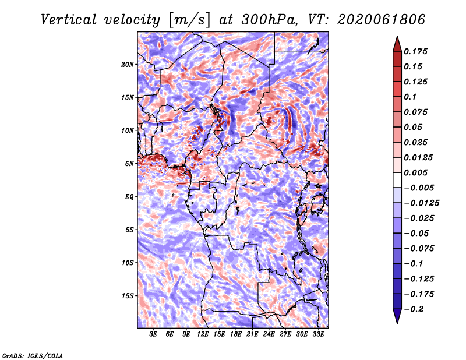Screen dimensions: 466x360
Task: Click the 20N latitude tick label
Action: pyautogui.click(x=128, y=65)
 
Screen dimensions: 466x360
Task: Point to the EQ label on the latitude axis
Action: pyautogui.click(x=129, y=197)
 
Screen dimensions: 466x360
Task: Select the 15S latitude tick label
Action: pyautogui.click(x=128, y=296)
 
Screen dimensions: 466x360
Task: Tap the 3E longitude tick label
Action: pyautogui.click(x=153, y=334)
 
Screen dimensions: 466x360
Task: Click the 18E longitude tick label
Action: pyautogui.click(x=236, y=334)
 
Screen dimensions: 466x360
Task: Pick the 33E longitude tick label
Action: pyautogui.click(x=318, y=334)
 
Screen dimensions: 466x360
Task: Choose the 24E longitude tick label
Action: pyautogui.click(x=269, y=334)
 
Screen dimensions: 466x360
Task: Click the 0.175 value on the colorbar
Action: pyautogui.click(x=415, y=51)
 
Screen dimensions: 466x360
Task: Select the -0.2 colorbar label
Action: pyautogui.click(x=414, y=309)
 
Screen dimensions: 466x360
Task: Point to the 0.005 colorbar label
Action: pyautogui.click(x=415, y=172)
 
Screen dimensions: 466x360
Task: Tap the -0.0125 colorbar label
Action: pyautogui.click(x=421, y=203)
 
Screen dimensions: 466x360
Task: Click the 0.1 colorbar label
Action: pyautogui.click(x=410, y=97)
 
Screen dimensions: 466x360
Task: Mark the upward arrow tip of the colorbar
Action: pyautogui.click(x=397, y=36)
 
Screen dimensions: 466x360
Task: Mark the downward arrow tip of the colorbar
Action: pyautogui.click(x=397, y=323)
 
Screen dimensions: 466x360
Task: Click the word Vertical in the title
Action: pyautogui.click(x=69, y=20)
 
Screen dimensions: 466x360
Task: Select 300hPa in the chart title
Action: pyautogui.click(x=269, y=20)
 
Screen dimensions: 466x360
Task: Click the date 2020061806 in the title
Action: pyautogui.click(x=381, y=20)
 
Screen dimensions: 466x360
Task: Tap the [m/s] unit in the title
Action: pyautogui.click(x=189, y=20)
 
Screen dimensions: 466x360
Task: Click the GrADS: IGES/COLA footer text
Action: pyautogui.click(x=33, y=355)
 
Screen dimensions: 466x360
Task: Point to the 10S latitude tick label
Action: pyautogui.click(x=128, y=263)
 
